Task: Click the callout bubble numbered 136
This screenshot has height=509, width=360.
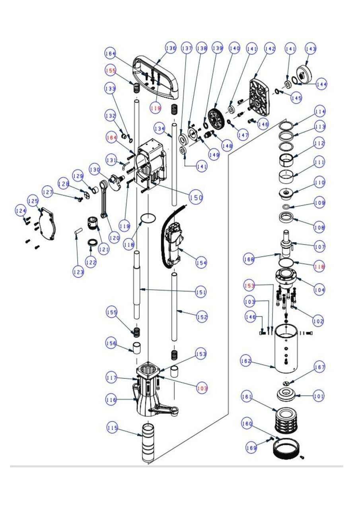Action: [171, 48]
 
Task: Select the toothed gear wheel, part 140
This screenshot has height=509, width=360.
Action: [217, 119]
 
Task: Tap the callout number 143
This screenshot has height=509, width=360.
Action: [311, 49]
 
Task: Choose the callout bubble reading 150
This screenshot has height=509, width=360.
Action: [196, 197]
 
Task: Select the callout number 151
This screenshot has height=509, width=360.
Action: [201, 292]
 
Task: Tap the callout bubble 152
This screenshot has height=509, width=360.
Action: [202, 317]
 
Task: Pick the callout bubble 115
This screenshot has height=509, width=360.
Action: [113, 428]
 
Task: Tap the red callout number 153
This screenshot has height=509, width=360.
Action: [249, 286]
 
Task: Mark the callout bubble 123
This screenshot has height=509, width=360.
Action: [78, 272]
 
